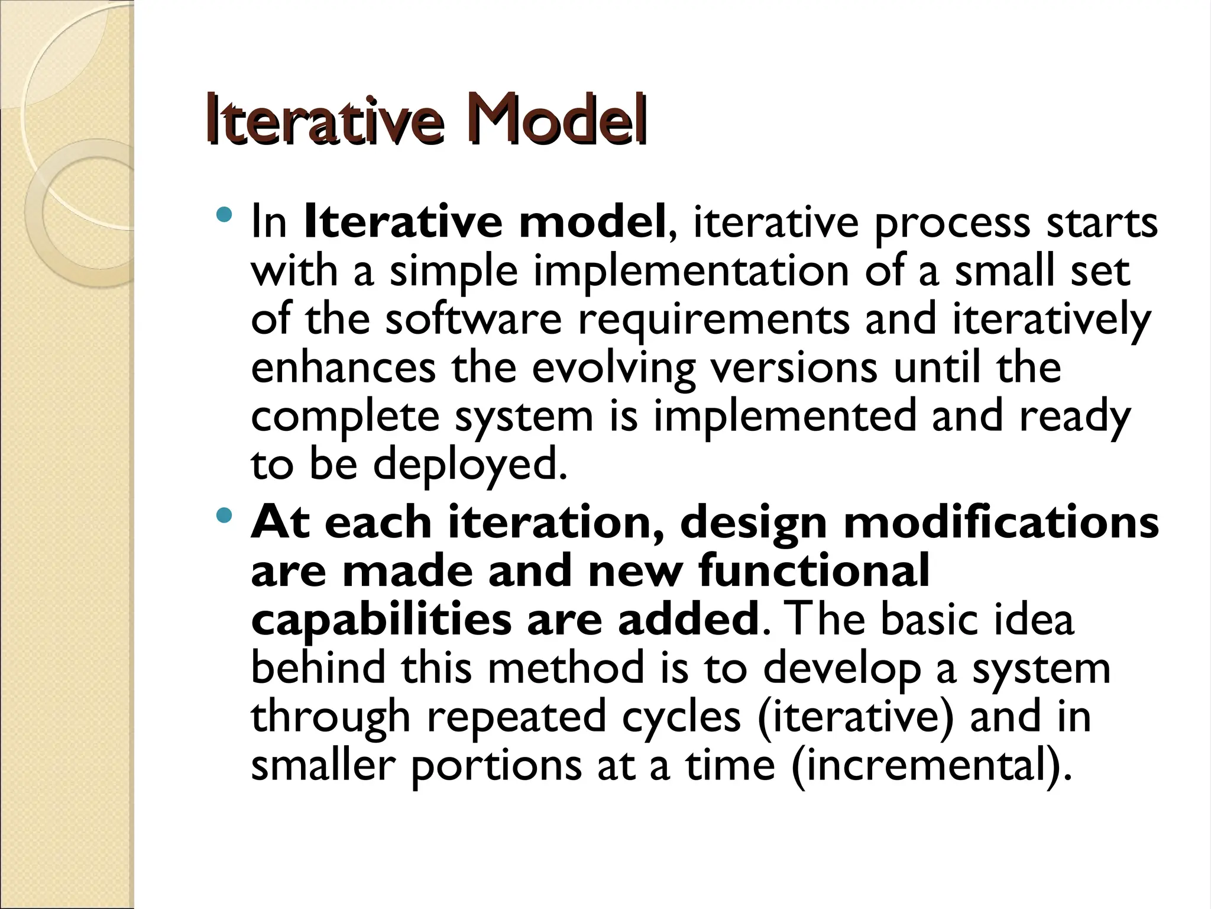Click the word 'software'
coord(473,319)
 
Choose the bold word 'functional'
coord(814,570)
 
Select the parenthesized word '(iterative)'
coord(855,717)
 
